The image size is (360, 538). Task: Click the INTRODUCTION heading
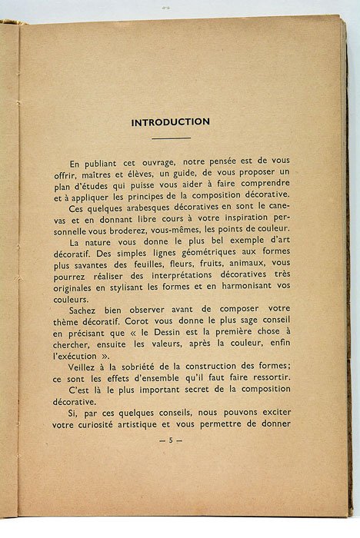click(171, 121)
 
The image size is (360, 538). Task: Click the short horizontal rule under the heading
click(171, 138)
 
